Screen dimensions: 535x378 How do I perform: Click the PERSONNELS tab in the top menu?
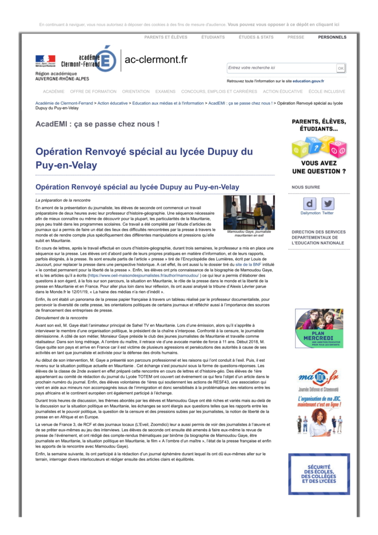point(332,37)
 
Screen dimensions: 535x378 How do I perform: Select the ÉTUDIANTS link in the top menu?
point(213,37)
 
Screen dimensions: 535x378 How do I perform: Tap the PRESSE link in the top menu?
point(296,37)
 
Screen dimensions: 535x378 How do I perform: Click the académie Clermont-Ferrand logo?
point(76,61)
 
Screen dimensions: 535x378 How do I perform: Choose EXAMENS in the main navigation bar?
point(165,92)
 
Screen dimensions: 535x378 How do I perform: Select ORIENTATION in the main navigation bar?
point(136,92)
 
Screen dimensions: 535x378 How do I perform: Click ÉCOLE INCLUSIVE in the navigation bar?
point(327,92)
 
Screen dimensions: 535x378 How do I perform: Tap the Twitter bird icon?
point(328,203)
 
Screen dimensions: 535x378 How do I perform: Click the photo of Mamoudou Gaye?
point(249,212)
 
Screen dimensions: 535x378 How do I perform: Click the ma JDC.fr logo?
point(318,378)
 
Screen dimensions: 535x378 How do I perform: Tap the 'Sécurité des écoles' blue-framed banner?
point(318,474)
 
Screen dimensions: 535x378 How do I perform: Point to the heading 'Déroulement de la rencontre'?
point(62,318)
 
